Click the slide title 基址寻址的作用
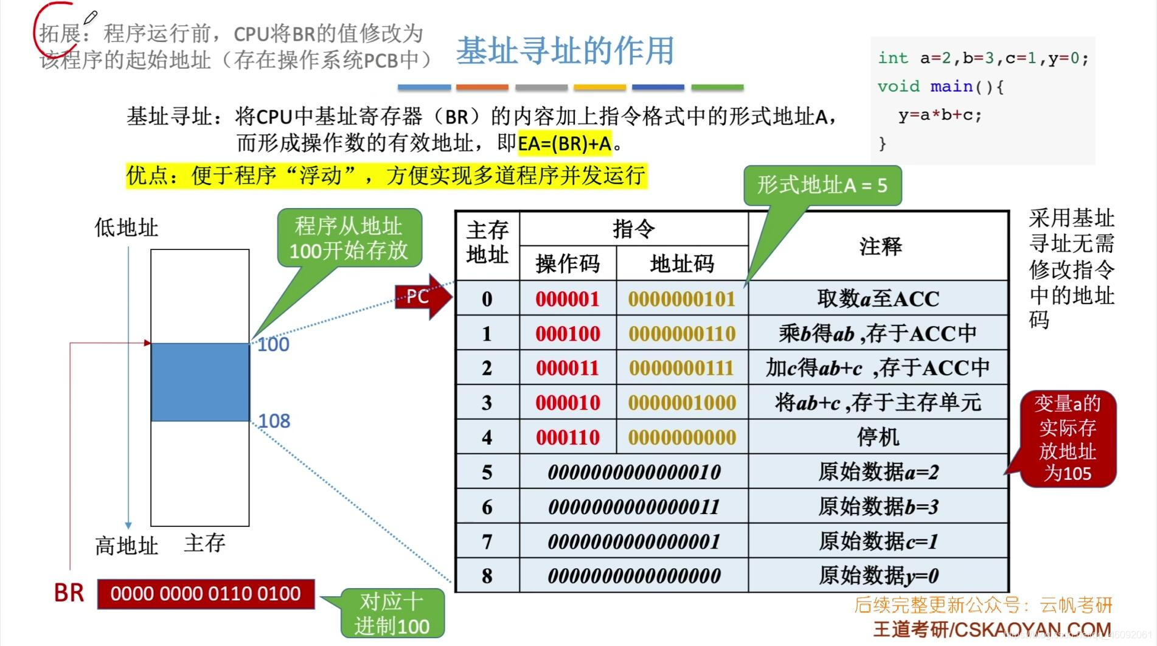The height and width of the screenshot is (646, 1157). pyautogui.click(x=565, y=50)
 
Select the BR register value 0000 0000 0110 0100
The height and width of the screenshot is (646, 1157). pyautogui.click(x=206, y=594)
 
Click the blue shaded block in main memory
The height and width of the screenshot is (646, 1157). pyautogui.click(x=200, y=382)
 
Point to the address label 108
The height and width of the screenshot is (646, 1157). pyautogui.click(x=274, y=421)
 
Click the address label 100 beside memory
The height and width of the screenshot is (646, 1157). pyautogui.click(x=273, y=345)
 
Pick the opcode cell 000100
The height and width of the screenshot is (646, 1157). pyautogui.click(x=568, y=333)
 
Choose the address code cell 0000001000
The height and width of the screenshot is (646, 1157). pyautogui.click(x=682, y=403)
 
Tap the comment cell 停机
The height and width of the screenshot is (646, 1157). pyautogui.click(x=878, y=437)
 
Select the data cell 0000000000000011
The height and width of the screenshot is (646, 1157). pyautogui.click(x=634, y=507)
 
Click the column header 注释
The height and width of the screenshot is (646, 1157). pyautogui.click(x=880, y=246)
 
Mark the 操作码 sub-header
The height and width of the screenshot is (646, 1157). pyautogui.click(x=568, y=264)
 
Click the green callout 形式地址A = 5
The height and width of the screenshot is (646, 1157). pyautogui.click(x=822, y=186)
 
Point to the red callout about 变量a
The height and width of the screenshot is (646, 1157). pyautogui.click(x=1068, y=439)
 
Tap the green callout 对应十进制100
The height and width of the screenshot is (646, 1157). pyautogui.click(x=392, y=614)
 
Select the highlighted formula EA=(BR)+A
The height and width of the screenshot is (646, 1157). pyautogui.click(x=564, y=144)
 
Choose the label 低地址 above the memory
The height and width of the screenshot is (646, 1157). pyautogui.click(x=126, y=228)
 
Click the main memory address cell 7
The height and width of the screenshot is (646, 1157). pyautogui.click(x=487, y=541)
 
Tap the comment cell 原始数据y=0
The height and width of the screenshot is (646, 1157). pyautogui.click(x=878, y=575)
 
